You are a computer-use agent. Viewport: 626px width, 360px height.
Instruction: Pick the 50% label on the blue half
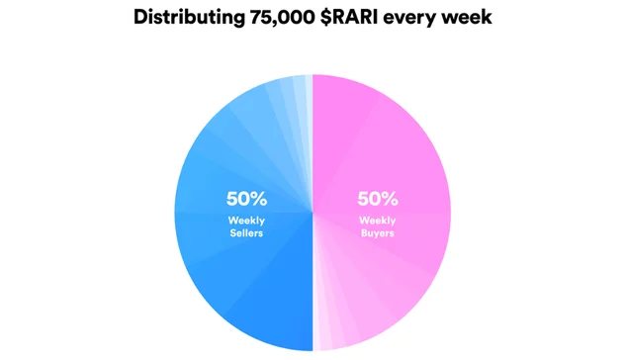tap(246, 198)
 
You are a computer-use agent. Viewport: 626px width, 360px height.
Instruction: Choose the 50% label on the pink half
tap(377, 198)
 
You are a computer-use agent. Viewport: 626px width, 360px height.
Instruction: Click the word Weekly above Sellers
tap(246, 220)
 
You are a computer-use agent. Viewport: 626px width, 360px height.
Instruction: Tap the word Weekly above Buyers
tap(377, 220)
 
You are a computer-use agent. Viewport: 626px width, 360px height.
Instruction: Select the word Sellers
tap(246, 234)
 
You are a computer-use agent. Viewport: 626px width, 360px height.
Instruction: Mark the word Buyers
tap(377, 234)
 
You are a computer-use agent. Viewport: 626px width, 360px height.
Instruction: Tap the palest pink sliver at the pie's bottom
tap(317, 336)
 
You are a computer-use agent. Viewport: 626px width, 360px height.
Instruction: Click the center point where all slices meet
tap(313, 212)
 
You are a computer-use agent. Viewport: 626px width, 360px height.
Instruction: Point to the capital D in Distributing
tap(139, 18)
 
